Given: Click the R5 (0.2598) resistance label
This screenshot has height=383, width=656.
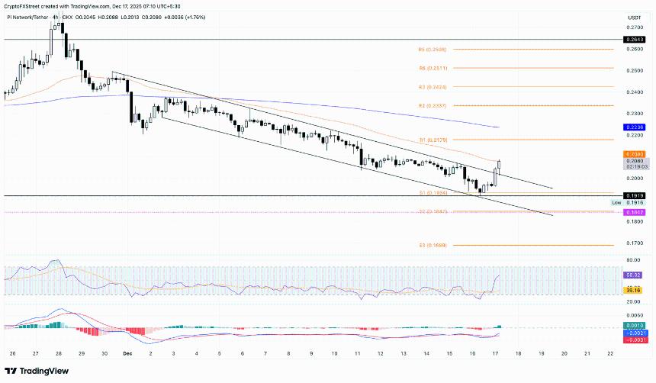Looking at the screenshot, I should coord(432,50).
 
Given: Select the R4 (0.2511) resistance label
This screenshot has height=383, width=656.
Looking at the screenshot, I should coord(432,68).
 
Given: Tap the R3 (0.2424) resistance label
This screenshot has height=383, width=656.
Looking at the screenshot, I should coord(432,87).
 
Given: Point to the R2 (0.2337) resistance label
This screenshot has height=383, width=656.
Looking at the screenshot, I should coord(432,105).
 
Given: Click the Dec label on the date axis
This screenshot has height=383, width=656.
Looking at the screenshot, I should coord(127,353).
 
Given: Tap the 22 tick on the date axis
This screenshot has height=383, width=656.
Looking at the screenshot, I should coord(610,353).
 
